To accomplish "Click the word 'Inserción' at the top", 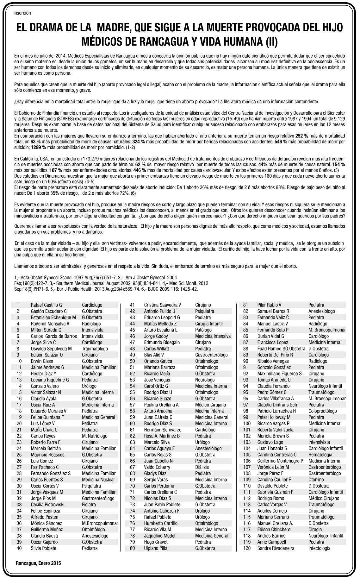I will [x=22, y=13].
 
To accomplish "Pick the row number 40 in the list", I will [x=19, y=548].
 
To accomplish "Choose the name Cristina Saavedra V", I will [x=162, y=305].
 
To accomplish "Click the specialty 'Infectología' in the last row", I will [x=319, y=548].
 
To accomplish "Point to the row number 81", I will [x=245, y=305].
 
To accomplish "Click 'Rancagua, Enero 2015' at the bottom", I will [x=38, y=563].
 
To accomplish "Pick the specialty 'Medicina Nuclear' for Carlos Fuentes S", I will [x=98, y=480].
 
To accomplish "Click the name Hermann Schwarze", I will [x=163, y=430].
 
